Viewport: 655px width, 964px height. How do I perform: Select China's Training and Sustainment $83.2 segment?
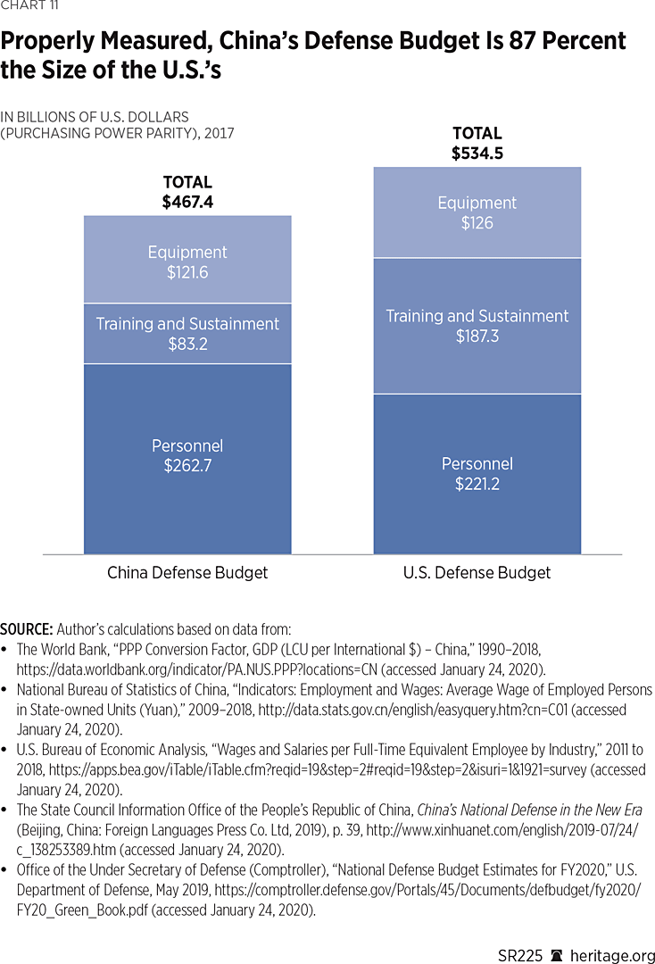tap(187, 333)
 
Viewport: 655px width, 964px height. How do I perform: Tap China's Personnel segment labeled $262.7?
tap(187, 455)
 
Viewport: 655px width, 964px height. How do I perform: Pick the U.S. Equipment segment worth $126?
tap(477, 212)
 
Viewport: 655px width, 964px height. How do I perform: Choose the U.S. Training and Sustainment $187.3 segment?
tap(477, 326)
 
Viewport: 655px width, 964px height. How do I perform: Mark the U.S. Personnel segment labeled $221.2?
tap(477, 473)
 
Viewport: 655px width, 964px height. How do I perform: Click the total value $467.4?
tap(187, 203)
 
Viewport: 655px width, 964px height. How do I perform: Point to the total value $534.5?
tap(477, 154)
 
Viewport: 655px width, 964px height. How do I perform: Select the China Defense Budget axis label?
tap(187, 572)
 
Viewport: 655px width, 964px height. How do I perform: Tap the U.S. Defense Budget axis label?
tap(477, 572)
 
